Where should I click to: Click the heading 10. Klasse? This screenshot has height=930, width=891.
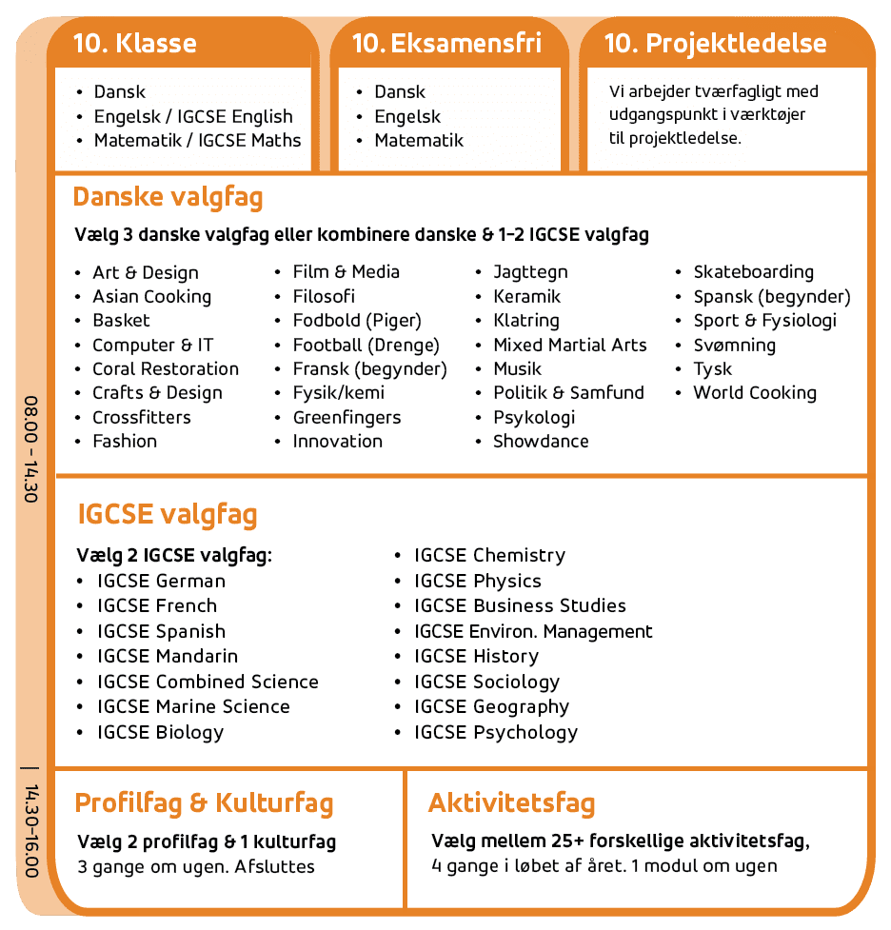(135, 44)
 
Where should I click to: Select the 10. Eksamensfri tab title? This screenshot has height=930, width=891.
(446, 44)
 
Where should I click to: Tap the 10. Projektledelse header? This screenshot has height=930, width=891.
(716, 44)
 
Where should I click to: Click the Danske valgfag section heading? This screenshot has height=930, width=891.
(168, 198)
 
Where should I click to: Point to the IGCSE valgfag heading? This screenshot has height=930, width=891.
(167, 515)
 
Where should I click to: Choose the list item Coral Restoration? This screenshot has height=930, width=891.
(166, 369)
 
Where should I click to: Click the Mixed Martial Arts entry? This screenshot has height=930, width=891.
(569, 345)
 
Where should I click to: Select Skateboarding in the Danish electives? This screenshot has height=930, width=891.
(753, 272)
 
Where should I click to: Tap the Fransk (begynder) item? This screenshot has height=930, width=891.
(369, 369)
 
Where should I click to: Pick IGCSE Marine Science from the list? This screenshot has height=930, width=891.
(193, 706)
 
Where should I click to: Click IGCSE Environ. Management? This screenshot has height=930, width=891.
(533, 631)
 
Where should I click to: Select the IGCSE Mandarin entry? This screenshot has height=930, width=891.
(168, 656)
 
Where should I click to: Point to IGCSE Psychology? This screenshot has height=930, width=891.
(496, 732)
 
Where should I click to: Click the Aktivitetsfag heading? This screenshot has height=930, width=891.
(511, 802)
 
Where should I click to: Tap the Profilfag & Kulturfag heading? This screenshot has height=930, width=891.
(204, 802)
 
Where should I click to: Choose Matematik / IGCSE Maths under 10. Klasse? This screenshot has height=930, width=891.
(197, 141)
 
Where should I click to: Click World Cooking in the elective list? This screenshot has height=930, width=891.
(755, 393)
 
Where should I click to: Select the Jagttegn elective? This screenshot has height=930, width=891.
(530, 272)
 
